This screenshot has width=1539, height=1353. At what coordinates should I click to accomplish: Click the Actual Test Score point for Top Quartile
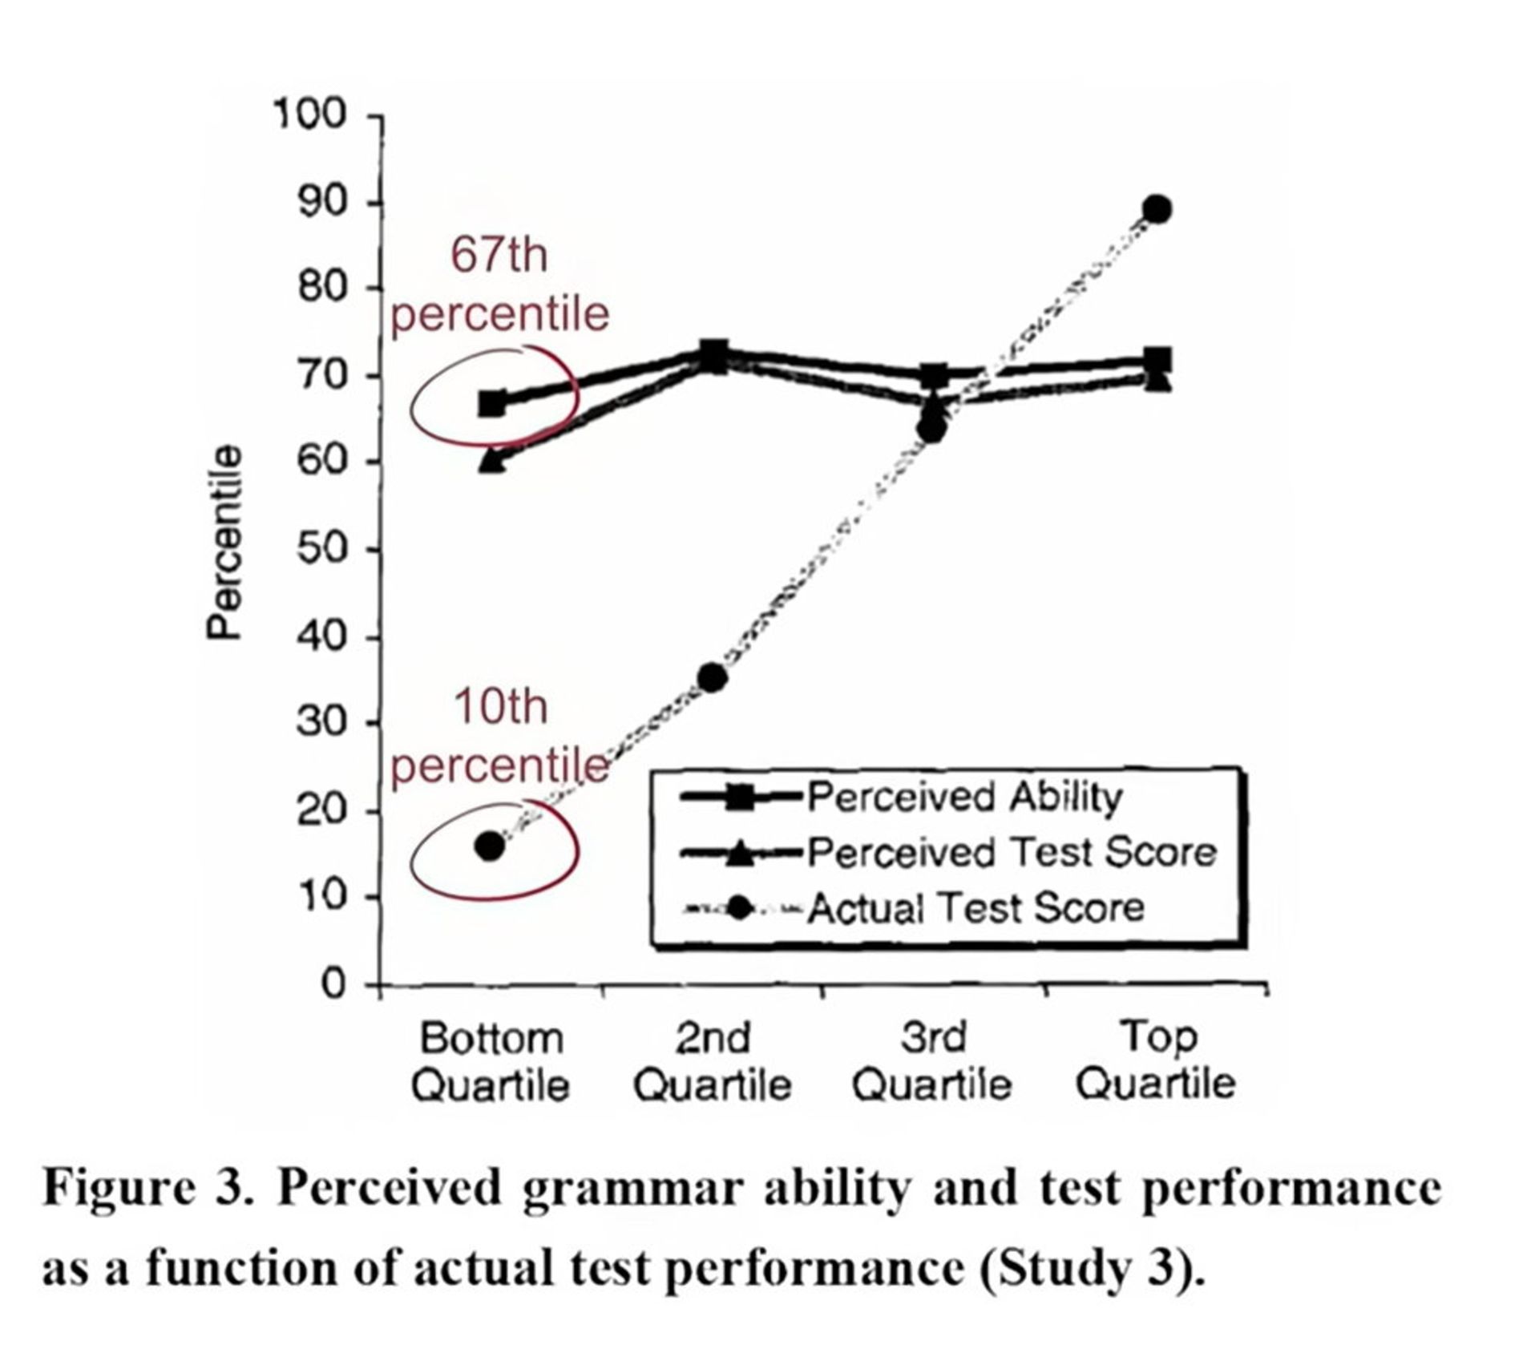(1157, 210)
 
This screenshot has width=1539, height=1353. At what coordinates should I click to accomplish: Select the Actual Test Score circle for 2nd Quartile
(712, 678)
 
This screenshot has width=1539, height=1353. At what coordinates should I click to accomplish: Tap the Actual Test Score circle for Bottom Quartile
(490, 846)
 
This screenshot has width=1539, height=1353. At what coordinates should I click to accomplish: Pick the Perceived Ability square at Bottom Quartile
(492, 402)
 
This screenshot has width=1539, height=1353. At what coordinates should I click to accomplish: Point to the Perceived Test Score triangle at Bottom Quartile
(492, 460)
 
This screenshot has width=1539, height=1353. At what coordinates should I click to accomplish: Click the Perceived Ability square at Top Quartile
(1157, 360)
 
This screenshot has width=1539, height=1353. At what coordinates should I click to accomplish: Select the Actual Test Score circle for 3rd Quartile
(931, 430)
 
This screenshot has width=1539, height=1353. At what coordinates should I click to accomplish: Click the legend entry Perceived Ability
(964, 798)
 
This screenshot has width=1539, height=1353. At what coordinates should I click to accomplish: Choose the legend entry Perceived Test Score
(1012, 852)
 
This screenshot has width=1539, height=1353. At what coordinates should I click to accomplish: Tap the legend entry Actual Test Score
(976, 908)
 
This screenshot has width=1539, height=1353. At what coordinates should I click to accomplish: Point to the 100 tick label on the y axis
(310, 115)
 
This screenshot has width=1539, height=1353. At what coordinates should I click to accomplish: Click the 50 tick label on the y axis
(321, 550)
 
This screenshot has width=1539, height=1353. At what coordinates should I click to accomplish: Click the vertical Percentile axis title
(224, 543)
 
